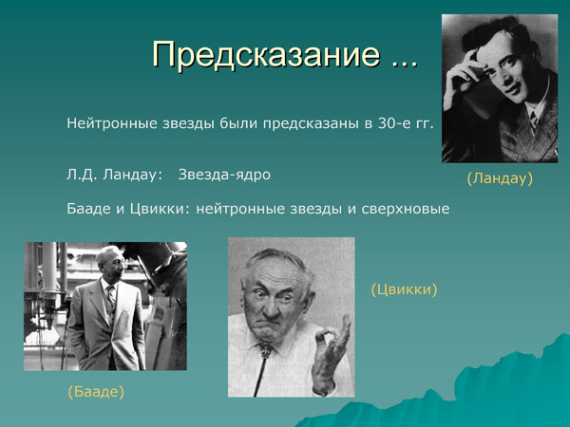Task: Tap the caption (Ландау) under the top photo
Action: pos(500,177)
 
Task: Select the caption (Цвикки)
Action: pos(404,289)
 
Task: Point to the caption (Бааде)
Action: pos(97,390)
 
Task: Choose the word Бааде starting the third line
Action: pos(88,208)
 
